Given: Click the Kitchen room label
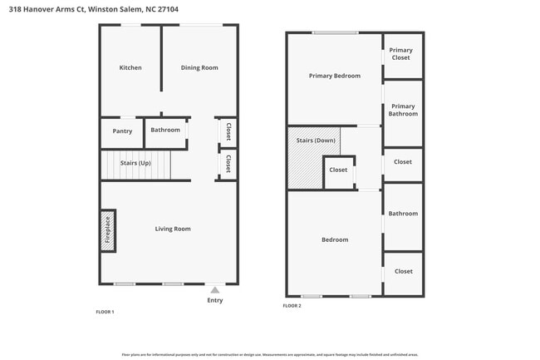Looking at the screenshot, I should pos(130,67).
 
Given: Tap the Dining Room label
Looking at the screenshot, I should pos(199,67).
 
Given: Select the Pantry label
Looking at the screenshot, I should pos(122,131).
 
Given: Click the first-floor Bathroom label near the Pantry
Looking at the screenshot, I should pos(165,130).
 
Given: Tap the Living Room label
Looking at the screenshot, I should pos(173,229).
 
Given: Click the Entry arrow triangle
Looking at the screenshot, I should pos(215,290).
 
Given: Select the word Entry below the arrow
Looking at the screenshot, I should pos(215,300).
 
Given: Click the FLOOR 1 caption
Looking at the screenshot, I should pos(106,312).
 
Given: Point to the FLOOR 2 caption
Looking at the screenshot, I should pos(292,306).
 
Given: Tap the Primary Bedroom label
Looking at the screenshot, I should pos(335,76).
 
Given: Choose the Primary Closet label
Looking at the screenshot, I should pos(400,54).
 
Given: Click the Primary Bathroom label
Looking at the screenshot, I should pos(403,110).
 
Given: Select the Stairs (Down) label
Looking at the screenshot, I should pos(316,140).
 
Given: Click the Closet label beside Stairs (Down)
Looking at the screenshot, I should pos(338,170).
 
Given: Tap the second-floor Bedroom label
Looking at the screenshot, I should pos(335,239).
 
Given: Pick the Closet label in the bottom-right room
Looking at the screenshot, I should pos(403,271).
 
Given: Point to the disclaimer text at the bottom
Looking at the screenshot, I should pos(269,354).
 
